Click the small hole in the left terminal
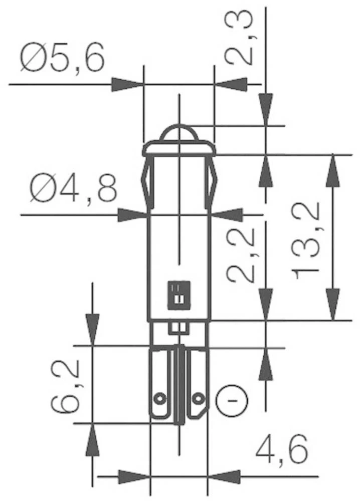(x=159, y=399)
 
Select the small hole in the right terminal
(x=199, y=399)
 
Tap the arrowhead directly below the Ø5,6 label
(x=127, y=84)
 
